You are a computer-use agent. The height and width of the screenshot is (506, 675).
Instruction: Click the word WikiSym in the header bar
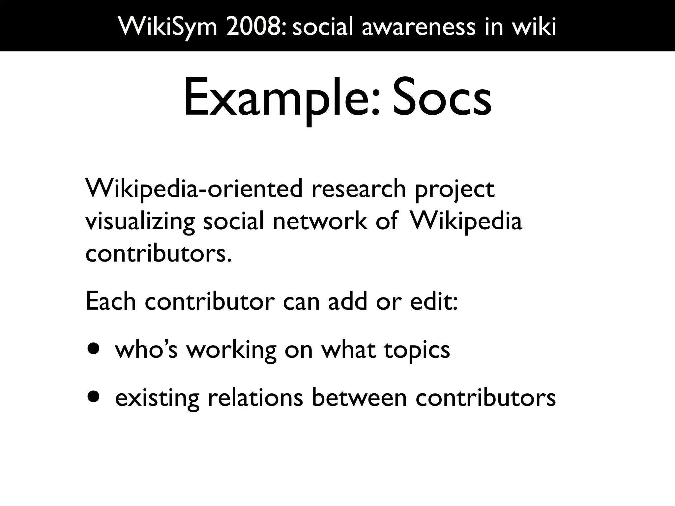168,26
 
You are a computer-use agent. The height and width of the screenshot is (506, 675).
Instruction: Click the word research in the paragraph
359,189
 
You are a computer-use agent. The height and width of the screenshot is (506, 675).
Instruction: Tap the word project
455,190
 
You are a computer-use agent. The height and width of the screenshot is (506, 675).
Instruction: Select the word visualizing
140,221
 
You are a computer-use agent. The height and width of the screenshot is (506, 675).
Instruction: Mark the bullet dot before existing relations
93,397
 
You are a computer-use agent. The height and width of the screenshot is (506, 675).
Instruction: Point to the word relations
255,397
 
